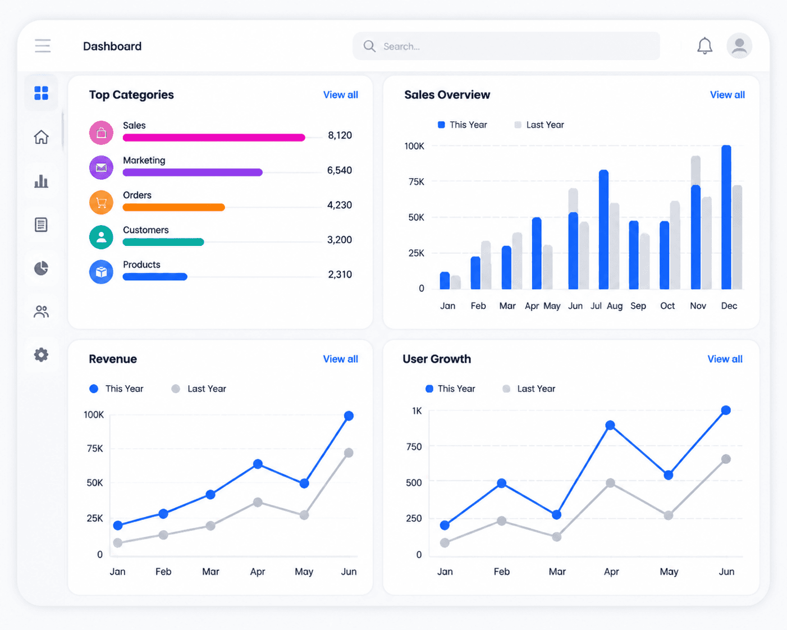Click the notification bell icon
(704, 46)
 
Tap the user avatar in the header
(739, 46)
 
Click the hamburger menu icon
(43, 45)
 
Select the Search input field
(506, 46)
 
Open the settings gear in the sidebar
(42, 355)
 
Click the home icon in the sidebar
(42, 137)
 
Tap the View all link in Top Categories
(341, 95)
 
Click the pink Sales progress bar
(214, 138)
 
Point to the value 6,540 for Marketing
(340, 170)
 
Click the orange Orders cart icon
(101, 202)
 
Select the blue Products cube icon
(101, 272)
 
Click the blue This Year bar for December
(726, 217)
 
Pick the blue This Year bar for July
(604, 230)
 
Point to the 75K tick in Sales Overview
(417, 182)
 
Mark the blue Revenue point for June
(349, 416)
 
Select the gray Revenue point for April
(258, 503)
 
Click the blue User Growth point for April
(610, 425)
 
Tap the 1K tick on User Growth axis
(417, 411)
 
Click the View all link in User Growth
(725, 359)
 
